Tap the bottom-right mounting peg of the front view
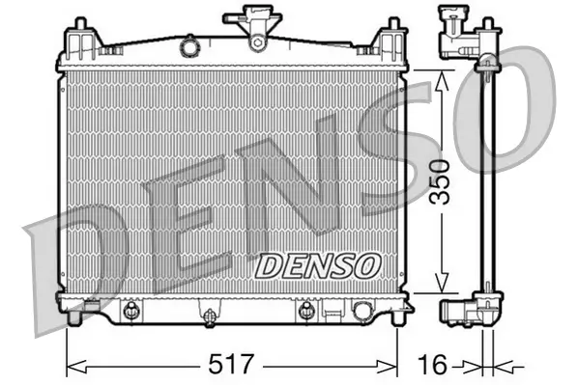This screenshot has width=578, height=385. tap(391, 314)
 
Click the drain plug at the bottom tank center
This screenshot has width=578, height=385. tap(208, 313)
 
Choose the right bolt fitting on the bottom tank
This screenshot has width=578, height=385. tap(306, 310)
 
